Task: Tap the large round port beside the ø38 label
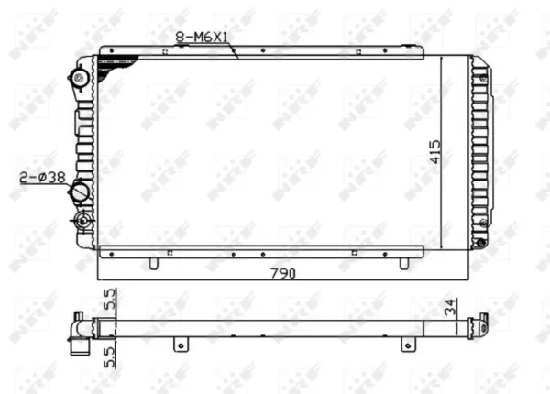click(80, 192)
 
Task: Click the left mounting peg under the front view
click(154, 263)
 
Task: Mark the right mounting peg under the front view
click(403, 263)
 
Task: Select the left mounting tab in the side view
click(181, 345)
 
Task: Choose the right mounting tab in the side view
click(403, 345)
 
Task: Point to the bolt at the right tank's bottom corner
click(478, 244)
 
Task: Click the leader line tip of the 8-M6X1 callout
click(236, 56)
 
